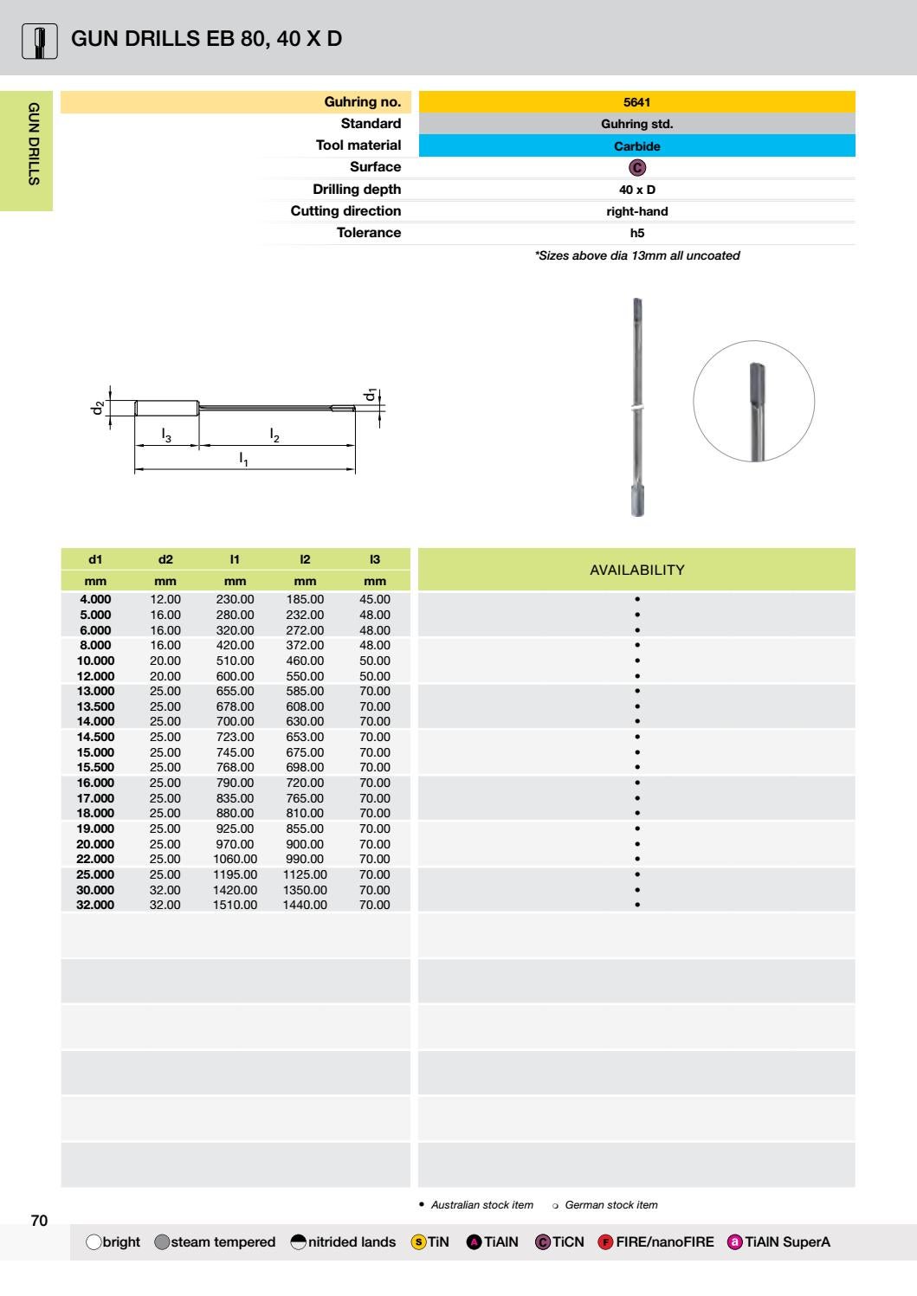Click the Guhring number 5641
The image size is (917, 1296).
click(636, 102)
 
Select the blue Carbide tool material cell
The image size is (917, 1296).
click(636, 146)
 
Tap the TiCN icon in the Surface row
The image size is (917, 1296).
click(637, 168)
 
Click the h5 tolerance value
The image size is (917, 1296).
click(636, 233)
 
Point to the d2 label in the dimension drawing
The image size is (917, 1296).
click(99, 406)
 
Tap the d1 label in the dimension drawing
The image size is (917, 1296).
click(370, 396)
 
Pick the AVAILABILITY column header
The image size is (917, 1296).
click(636, 570)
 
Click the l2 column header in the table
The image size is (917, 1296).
click(305, 559)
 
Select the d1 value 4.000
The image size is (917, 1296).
click(95, 599)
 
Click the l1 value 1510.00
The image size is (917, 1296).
click(235, 905)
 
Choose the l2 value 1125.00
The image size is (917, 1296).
click(305, 874)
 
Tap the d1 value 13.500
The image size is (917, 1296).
click(95, 706)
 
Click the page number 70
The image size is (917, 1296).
click(39, 1221)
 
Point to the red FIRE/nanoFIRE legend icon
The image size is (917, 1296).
click(605, 1242)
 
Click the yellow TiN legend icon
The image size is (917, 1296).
click(418, 1242)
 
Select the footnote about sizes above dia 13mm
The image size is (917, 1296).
click(636, 255)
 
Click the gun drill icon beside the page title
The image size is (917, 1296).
click(39, 41)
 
